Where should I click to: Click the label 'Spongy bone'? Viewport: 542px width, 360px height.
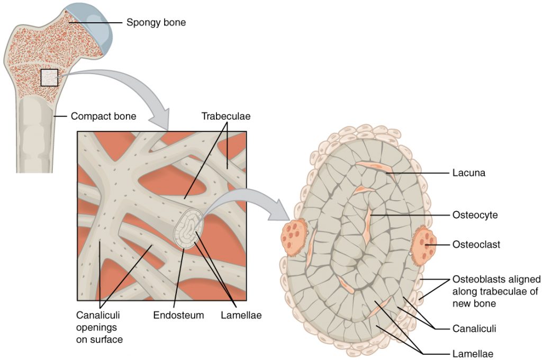click(156, 23)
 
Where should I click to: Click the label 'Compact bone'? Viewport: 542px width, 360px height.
click(103, 115)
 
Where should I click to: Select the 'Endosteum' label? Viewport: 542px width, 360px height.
click(178, 316)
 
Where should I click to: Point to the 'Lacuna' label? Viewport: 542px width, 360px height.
click(469, 173)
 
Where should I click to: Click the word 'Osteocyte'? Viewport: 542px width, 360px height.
click(475, 215)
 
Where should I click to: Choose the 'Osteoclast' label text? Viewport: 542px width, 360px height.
click(476, 245)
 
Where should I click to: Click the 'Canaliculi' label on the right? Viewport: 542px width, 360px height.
click(474, 329)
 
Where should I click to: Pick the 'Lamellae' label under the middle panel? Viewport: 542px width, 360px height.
click(241, 316)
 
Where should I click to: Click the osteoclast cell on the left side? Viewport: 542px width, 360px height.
click(294, 239)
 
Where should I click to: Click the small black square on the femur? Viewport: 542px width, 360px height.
click(49, 77)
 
